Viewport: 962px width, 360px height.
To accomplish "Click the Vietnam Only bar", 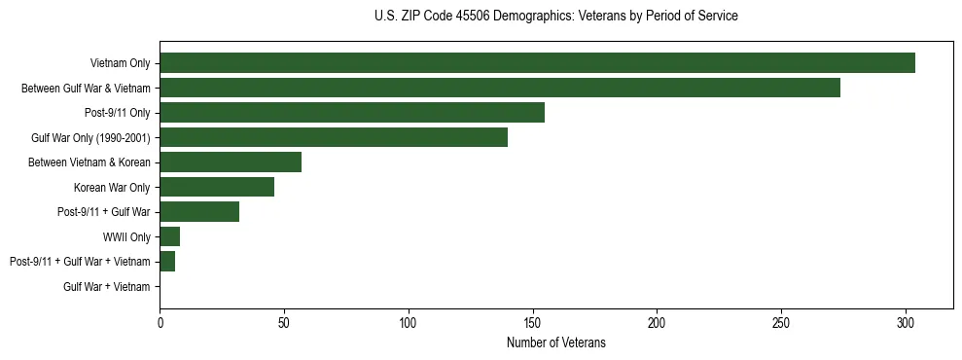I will pyautogui.click(x=537, y=63).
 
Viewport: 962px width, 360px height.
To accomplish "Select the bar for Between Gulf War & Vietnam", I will pyautogui.click(x=500, y=88).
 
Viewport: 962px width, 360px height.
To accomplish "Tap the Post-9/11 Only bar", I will pyautogui.click(x=352, y=113).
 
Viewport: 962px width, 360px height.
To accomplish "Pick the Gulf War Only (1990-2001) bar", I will pyautogui.click(x=334, y=137).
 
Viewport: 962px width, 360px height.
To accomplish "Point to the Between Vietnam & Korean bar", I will pyautogui.click(x=231, y=162).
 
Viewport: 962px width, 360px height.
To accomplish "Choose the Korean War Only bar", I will pyautogui.click(x=217, y=187).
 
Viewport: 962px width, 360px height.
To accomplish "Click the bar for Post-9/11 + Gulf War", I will pyautogui.click(x=199, y=212).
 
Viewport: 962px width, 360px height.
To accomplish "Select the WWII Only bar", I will pyautogui.click(x=170, y=236).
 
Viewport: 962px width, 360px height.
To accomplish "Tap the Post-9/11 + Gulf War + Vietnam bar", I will pyautogui.click(x=167, y=262).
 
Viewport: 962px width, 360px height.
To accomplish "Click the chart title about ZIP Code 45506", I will pyautogui.click(x=555, y=17).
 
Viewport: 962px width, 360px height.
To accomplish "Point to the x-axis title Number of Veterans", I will pyautogui.click(x=555, y=342).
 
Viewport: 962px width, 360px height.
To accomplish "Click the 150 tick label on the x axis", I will pyautogui.click(x=533, y=321).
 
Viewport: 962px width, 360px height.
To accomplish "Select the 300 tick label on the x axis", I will pyautogui.click(x=906, y=321).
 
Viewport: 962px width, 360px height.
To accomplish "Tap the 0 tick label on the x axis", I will pyautogui.click(x=160, y=321).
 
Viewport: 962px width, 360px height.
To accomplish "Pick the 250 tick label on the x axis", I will pyautogui.click(x=781, y=321).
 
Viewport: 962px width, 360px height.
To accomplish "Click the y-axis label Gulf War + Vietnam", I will pyautogui.click(x=107, y=287).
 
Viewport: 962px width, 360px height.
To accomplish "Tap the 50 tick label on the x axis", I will pyautogui.click(x=284, y=321).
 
